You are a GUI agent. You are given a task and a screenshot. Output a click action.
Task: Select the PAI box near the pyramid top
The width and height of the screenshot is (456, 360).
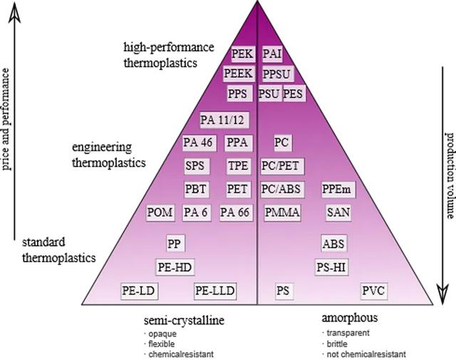[272, 53]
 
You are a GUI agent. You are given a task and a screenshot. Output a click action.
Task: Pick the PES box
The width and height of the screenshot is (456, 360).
[294, 93]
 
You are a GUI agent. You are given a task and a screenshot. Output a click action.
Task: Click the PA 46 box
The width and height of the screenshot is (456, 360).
[197, 142]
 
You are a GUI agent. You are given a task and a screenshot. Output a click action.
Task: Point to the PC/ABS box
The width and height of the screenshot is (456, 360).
[280, 189]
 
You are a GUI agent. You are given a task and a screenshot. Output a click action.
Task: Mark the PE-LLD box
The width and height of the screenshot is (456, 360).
[215, 291]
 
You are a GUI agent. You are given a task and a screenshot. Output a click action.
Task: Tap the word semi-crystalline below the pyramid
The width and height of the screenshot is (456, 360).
[185, 319]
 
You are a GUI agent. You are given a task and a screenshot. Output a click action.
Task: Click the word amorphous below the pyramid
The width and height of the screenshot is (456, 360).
[349, 318]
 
